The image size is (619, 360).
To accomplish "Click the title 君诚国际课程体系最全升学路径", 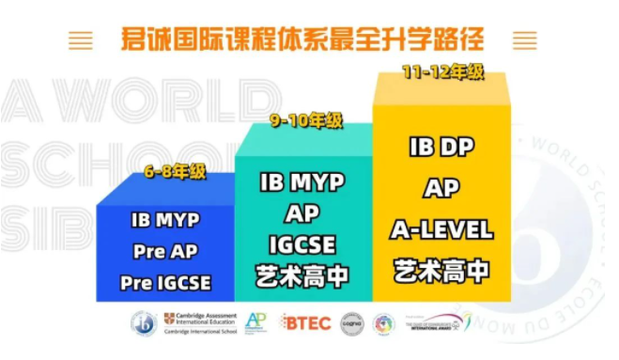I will click(x=303, y=40).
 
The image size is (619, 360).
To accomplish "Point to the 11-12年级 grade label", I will click(x=441, y=70).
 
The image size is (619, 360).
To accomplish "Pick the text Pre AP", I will click(x=165, y=252).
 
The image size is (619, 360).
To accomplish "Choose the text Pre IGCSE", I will click(x=165, y=282).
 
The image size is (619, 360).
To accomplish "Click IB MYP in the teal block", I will click(x=302, y=181).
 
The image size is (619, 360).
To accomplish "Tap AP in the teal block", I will click(x=302, y=212).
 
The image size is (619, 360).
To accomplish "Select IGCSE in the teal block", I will click(x=302, y=245).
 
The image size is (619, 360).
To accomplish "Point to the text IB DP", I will click(x=441, y=148).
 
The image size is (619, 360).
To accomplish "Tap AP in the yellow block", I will click(x=441, y=188).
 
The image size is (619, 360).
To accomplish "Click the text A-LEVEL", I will click(x=441, y=229).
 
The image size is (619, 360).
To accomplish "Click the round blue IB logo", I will click(x=144, y=324).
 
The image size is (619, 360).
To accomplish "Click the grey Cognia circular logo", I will click(x=351, y=324).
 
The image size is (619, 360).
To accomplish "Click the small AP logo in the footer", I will click(x=255, y=323).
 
